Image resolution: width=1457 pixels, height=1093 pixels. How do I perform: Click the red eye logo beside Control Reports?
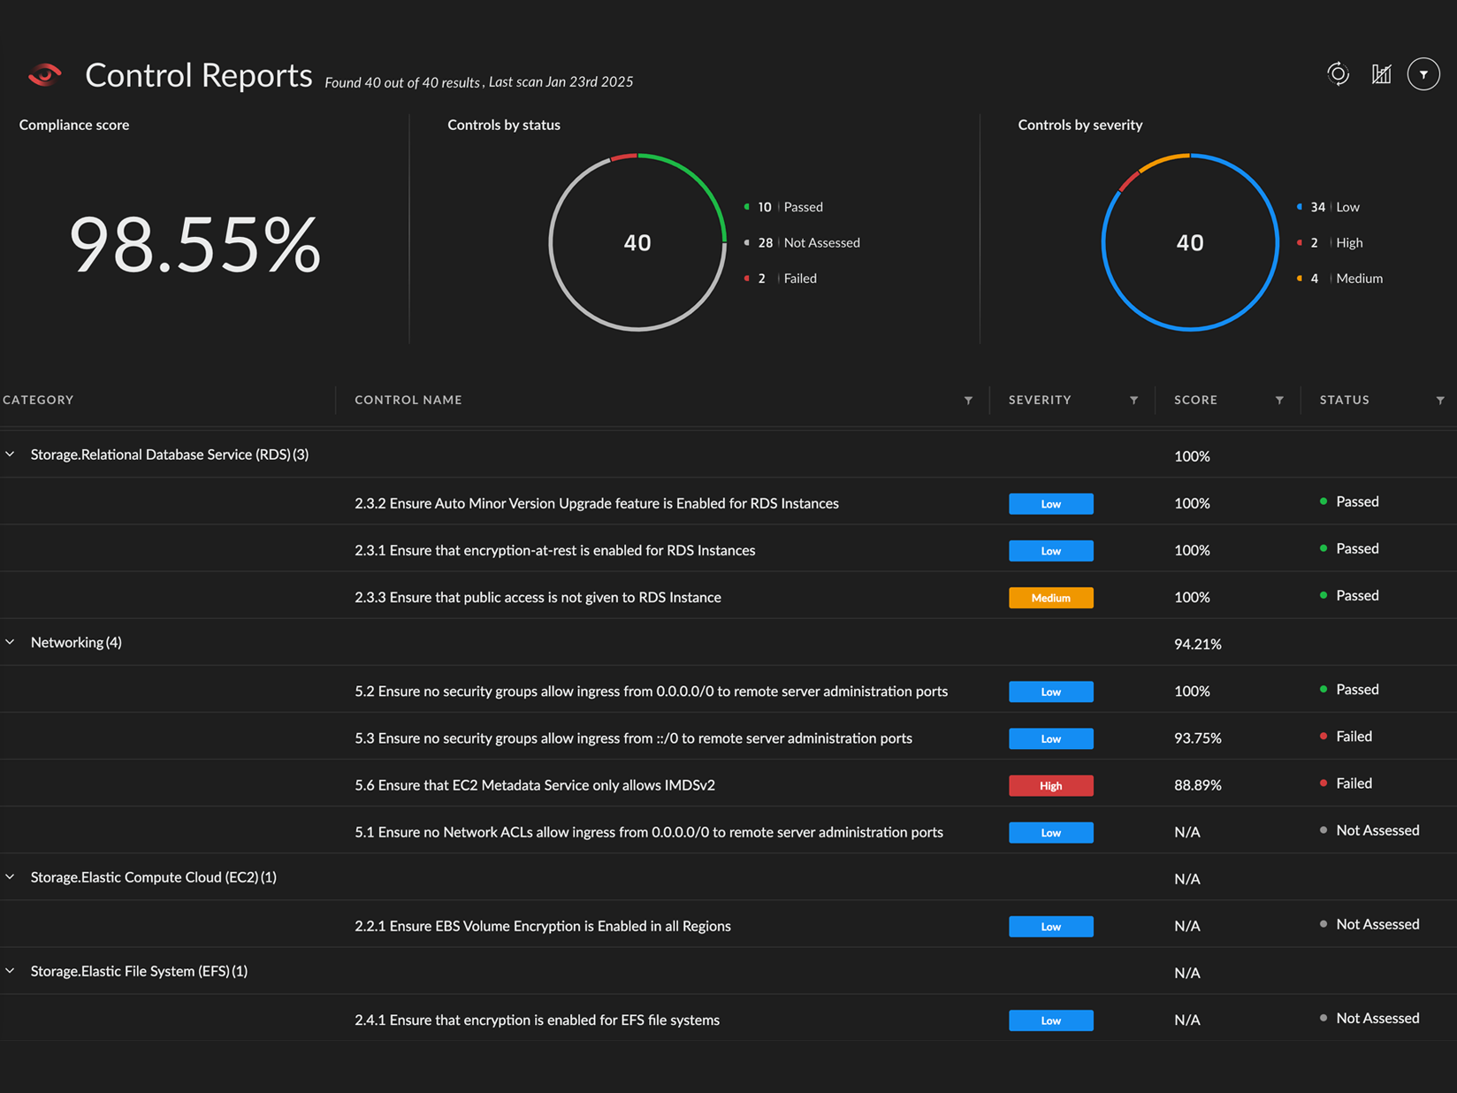pyautogui.click(x=45, y=75)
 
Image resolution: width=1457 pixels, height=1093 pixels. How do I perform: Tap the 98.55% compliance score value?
pyautogui.click(x=195, y=245)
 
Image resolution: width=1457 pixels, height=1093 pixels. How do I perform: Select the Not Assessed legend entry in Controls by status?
pyautogui.click(x=820, y=242)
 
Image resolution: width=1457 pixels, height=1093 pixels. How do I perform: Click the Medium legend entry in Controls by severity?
pyautogui.click(x=1358, y=279)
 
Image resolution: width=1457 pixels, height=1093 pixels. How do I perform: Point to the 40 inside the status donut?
pyautogui.click(x=637, y=243)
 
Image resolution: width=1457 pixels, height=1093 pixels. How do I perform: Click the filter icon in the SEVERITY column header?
pyautogui.click(x=1133, y=401)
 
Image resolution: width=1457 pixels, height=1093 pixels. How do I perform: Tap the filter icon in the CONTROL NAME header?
pyautogui.click(x=968, y=401)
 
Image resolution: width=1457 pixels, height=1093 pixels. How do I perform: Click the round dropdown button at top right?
pyautogui.click(x=1423, y=75)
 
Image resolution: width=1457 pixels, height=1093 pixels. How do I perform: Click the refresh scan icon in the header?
pyautogui.click(x=1338, y=74)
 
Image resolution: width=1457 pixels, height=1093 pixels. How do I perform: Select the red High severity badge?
pyautogui.click(x=1050, y=785)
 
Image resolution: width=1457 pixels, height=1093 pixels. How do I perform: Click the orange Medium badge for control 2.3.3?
pyautogui.click(x=1050, y=598)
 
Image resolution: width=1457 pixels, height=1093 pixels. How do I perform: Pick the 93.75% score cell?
pyautogui.click(x=1197, y=738)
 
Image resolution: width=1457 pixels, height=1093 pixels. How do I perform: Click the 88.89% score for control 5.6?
pyautogui.click(x=1197, y=785)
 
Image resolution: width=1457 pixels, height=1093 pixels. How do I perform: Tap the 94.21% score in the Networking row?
pyautogui.click(x=1197, y=645)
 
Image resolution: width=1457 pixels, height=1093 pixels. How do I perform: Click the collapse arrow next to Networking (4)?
pyautogui.click(x=11, y=642)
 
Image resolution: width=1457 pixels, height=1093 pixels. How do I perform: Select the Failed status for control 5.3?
pyautogui.click(x=1353, y=737)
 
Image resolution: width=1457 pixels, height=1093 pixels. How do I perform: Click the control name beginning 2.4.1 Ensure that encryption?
pyautogui.click(x=537, y=1020)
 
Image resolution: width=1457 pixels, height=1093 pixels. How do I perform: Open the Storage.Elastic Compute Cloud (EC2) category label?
pyautogui.click(x=153, y=877)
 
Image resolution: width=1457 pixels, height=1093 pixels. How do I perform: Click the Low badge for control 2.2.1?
pyautogui.click(x=1050, y=927)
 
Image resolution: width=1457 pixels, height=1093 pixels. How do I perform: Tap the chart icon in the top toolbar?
pyautogui.click(x=1381, y=74)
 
